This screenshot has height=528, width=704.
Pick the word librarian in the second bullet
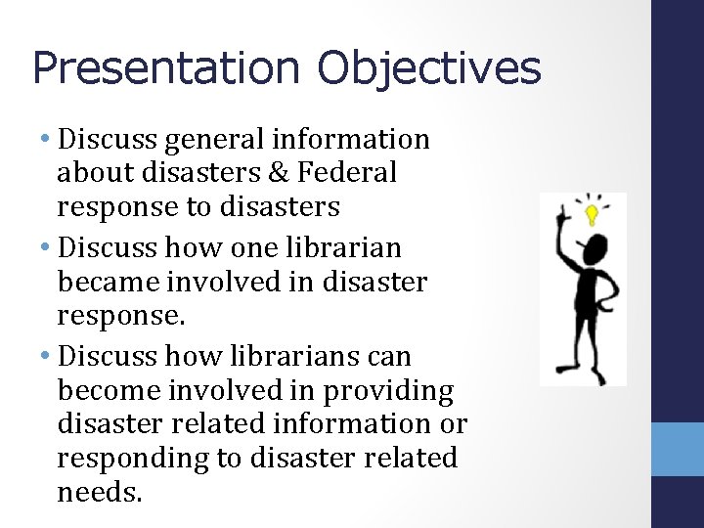(x=346, y=248)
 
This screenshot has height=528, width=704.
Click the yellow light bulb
(x=591, y=212)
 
